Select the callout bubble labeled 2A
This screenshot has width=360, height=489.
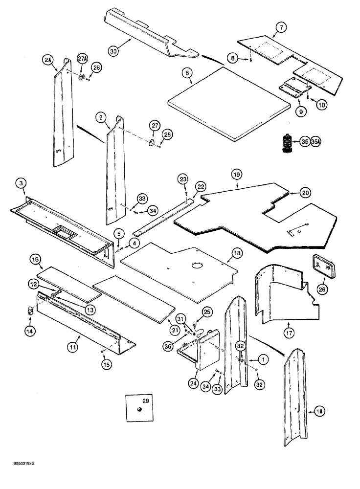tap(47, 60)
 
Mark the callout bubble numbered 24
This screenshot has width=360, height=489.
tap(194, 384)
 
